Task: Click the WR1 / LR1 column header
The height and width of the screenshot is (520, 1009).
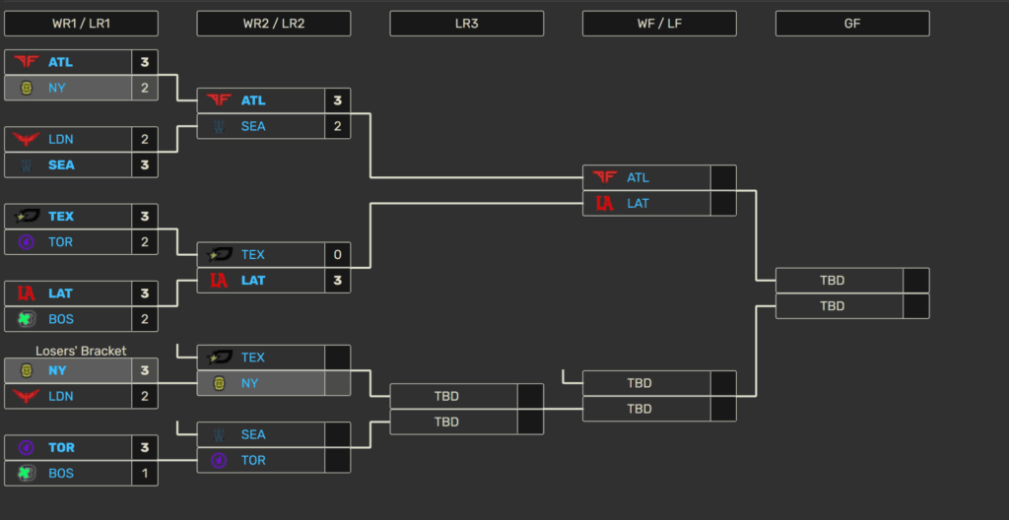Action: (81, 23)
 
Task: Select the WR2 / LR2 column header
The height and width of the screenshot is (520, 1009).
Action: (273, 23)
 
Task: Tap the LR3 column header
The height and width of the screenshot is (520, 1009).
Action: (466, 23)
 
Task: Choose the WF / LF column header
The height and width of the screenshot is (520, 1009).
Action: (659, 23)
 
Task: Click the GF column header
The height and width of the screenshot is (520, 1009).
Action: (852, 23)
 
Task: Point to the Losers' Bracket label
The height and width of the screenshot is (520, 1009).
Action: (81, 351)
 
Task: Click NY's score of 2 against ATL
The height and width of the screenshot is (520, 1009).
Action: (144, 88)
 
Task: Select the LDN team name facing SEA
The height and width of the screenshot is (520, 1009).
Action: (61, 140)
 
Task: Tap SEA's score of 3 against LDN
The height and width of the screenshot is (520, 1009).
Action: (144, 165)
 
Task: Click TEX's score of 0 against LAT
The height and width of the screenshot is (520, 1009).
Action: (337, 255)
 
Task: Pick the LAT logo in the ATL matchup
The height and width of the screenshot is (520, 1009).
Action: (605, 204)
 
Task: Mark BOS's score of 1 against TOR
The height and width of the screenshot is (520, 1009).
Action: (144, 474)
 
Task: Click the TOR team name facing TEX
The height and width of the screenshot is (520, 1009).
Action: (61, 242)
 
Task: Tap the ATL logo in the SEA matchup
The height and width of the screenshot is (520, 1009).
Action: (219, 100)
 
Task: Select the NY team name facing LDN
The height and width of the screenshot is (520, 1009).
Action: (57, 370)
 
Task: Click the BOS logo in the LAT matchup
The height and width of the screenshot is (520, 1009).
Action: (26, 319)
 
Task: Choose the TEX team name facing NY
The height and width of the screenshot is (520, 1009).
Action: (253, 357)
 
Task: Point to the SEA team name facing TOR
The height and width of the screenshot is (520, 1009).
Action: (253, 434)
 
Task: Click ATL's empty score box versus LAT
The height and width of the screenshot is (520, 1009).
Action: (723, 178)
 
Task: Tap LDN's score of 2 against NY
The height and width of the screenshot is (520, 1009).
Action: (144, 396)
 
